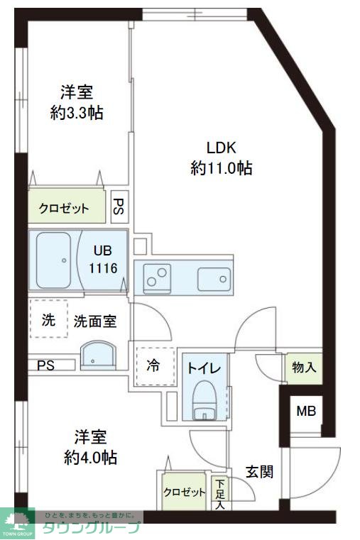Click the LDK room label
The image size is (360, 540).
pos(221,148)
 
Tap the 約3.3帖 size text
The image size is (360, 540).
pos(77,112)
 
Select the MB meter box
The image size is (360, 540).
pos(306,411)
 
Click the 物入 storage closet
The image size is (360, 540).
pos(303,368)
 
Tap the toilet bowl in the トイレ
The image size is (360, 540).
pos(204,402)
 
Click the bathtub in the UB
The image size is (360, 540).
pos(53,260)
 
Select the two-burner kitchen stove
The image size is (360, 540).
pos(156,277)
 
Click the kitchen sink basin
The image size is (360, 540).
pos(212,277)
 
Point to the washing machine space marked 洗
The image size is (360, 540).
pos(48,321)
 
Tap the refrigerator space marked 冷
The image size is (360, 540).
pos(153,366)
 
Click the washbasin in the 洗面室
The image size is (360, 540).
pos(96,356)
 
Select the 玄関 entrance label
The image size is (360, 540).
pos(258,471)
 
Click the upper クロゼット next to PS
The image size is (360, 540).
pos(65,208)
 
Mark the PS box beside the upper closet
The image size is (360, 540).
pos(119,207)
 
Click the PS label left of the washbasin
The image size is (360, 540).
pos(46,365)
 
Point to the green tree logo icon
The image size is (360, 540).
pos(18,521)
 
